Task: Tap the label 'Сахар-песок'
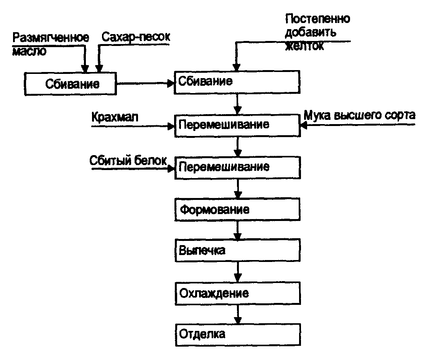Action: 135,37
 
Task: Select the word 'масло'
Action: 30,51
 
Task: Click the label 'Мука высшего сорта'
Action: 360,115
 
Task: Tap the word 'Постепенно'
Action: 318,19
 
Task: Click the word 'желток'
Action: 304,46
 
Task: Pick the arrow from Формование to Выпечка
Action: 238,230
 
